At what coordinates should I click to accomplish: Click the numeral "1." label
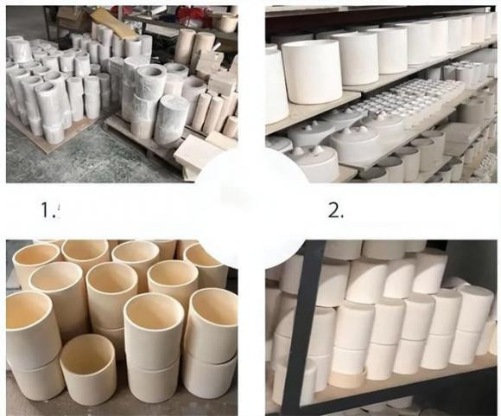(x=48, y=210)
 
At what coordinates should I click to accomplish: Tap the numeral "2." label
(x=336, y=211)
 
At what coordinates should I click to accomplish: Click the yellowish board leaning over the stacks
(x=116, y=22)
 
